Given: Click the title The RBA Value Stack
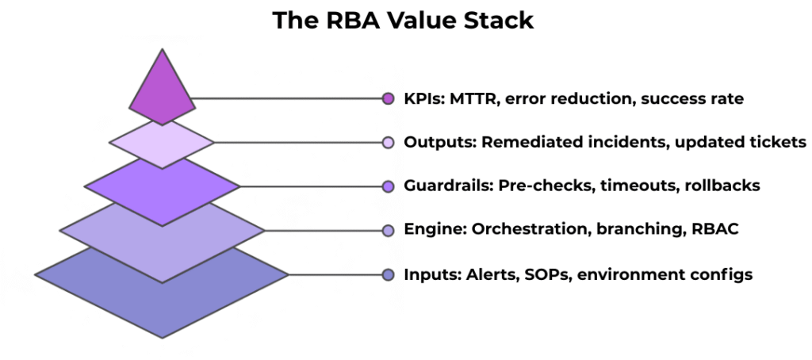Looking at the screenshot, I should pyautogui.click(x=403, y=21).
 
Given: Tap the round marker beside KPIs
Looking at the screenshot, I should pyautogui.click(x=388, y=99).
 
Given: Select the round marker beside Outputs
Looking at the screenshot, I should pyautogui.click(x=388, y=143).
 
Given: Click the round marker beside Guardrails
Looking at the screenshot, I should pyautogui.click(x=388, y=186).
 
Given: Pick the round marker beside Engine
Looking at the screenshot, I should pyautogui.click(x=388, y=231).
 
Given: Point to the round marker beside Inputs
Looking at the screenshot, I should pyautogui.click(x=388, y=275).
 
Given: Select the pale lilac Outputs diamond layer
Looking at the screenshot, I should pyautogui.click(x=162, y=144).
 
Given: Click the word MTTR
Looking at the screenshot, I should pyautogui.click(x=473, y=99).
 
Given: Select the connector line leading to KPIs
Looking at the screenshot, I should pyautogui.click(x=285, y=99).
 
